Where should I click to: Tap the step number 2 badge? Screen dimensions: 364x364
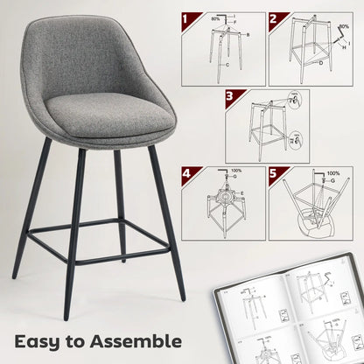pyautogui.click(x=274, y=17)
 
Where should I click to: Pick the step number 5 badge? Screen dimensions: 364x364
pyautogui.click(x=274, y=174)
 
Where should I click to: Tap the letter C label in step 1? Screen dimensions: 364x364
pyautogui.click(x=227, y=65)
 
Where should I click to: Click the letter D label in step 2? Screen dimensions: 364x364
pyautogui.click(x=320, y=63)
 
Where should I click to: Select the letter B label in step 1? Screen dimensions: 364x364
pyautogui.click(x=248, y=33)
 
